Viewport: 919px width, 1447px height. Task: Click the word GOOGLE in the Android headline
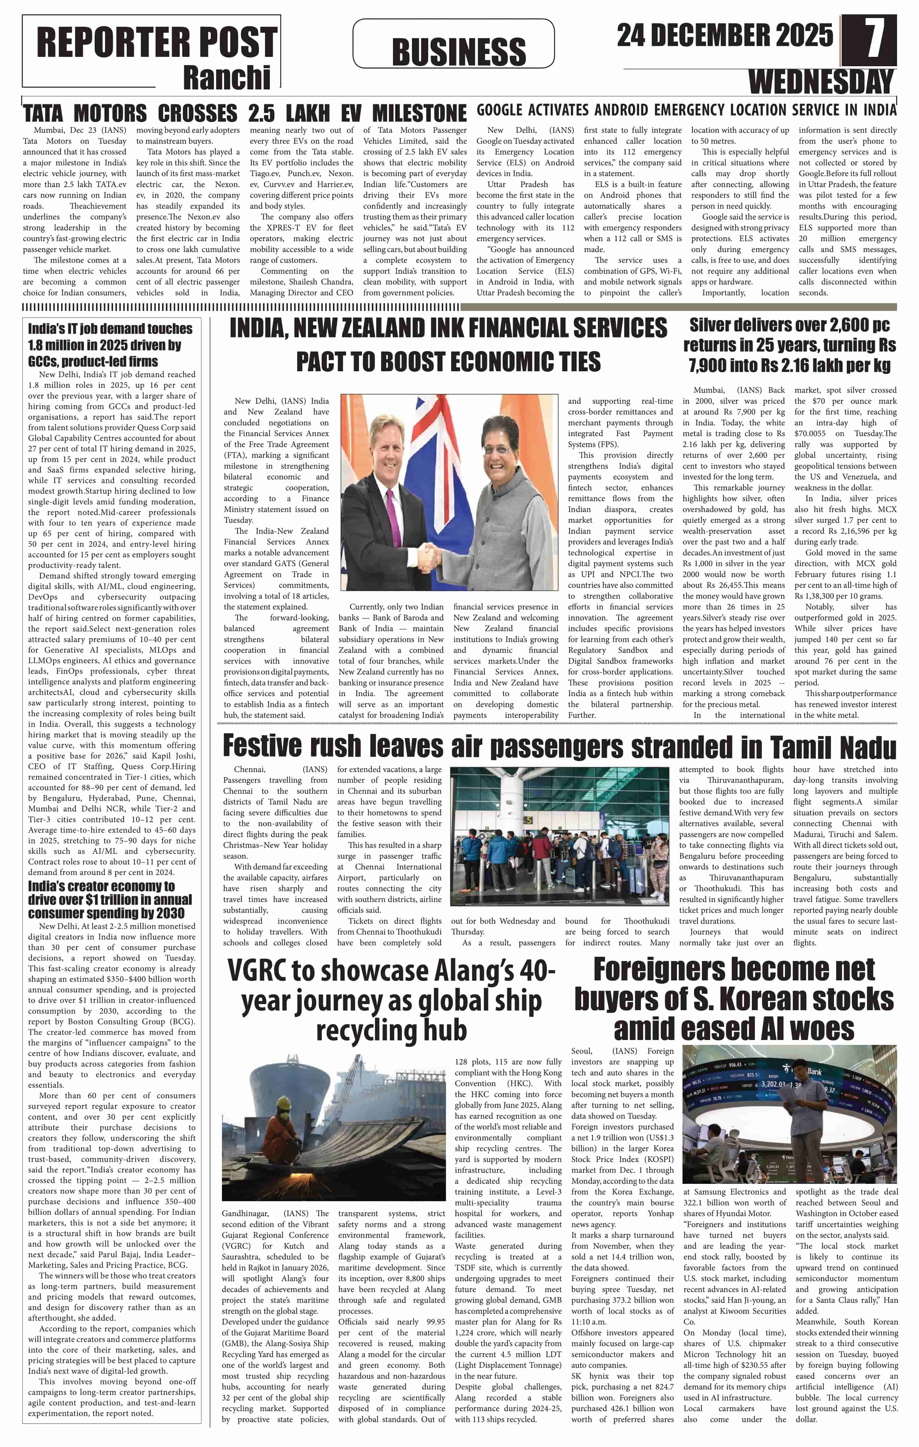(499, 110)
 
